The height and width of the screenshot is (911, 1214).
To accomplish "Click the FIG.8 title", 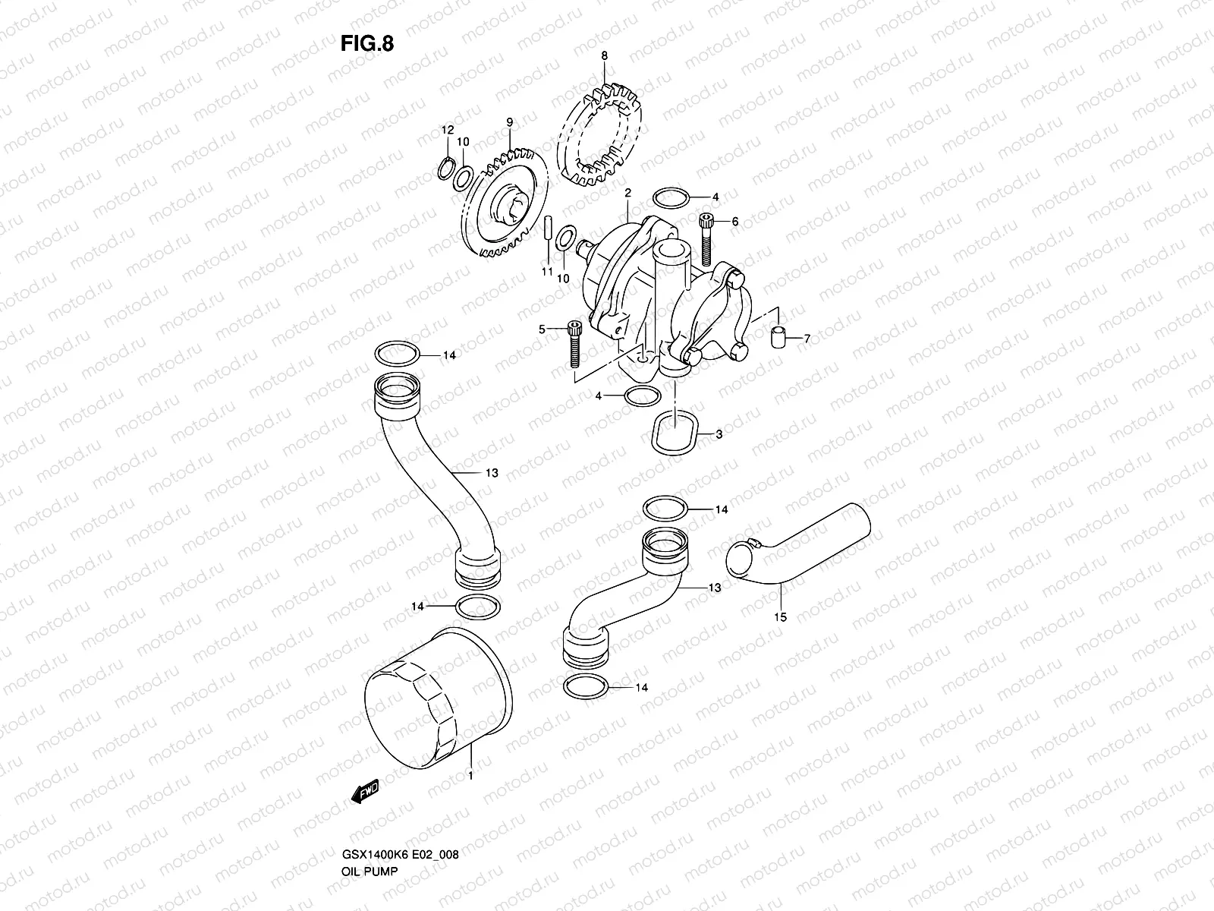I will pyautogui.click(x=366, y=43).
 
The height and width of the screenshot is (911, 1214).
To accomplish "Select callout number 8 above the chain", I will pyautogui.click(x=604, y=55).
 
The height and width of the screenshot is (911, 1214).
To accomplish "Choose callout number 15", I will pyautogui.click(x=781, y=617).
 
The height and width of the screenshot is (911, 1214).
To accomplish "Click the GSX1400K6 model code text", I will pyautogui.click(x=367, y=812).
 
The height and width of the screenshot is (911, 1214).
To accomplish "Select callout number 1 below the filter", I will pyautogui.click(x=470, y=776).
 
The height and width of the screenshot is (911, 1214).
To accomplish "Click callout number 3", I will pyautogui.click(x=719, y=435).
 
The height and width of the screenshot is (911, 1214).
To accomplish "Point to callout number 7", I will pyautogui.click(x=807, y=339).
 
